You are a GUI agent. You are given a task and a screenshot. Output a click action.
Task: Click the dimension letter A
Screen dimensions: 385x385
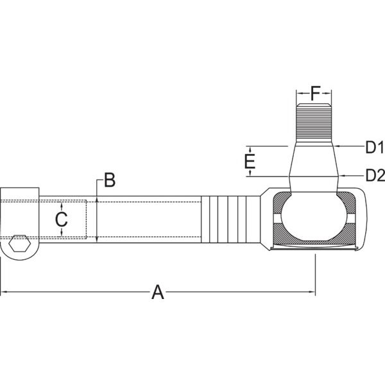coord(157,292)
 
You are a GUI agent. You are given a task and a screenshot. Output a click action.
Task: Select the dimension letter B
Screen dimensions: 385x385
coord(110,180)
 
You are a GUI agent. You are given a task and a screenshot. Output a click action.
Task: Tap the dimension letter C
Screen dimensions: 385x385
coord(62,219)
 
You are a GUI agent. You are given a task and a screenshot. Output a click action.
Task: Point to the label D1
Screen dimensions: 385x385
coord(375,148)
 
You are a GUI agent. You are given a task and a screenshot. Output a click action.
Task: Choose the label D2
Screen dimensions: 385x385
coord(375,175)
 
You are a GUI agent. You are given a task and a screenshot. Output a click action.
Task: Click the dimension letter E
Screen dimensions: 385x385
coord(250,161)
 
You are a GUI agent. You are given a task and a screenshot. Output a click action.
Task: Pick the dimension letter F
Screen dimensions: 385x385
coord(315,93)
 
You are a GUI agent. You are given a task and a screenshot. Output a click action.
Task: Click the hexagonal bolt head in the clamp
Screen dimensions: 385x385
coord(20,243)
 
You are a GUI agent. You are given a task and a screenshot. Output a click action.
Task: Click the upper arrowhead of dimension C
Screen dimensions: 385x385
coord(62,206)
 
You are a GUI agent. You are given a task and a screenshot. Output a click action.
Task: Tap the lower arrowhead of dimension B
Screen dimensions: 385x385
coord(97,239)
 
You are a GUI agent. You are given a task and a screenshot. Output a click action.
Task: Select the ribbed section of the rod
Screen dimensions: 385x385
coord(230,219)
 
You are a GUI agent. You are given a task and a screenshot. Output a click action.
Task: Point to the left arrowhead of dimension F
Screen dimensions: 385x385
coord(300,93)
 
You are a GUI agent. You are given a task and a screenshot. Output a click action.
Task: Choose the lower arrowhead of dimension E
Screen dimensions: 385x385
coord(250,173)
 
